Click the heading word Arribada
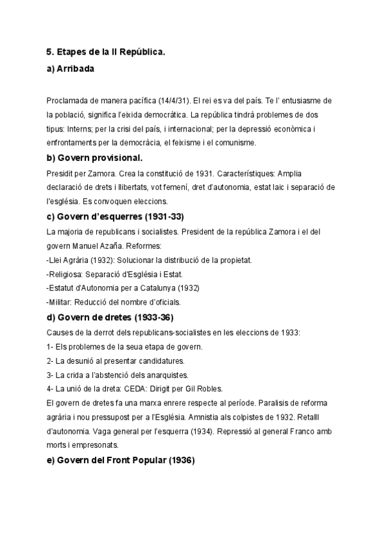click(76, 69)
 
